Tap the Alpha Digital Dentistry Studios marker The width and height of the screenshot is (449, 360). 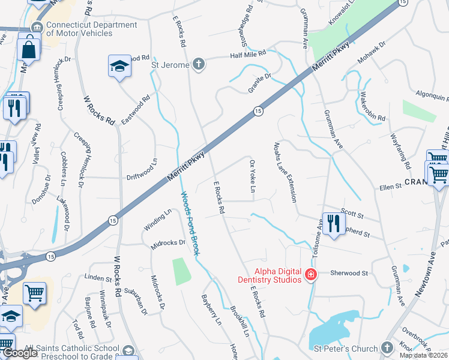(x=311, y=275)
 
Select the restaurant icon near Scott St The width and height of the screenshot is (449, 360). (x=332, y=223)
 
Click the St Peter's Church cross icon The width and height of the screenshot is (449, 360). (x=387, y=347)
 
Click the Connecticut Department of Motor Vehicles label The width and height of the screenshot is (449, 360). (x=83, y=29)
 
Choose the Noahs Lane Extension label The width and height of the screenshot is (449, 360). (x=286, y=173)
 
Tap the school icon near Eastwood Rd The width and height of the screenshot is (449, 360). (x=119, y=66)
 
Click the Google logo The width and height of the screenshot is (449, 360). (x=20, y=353)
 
